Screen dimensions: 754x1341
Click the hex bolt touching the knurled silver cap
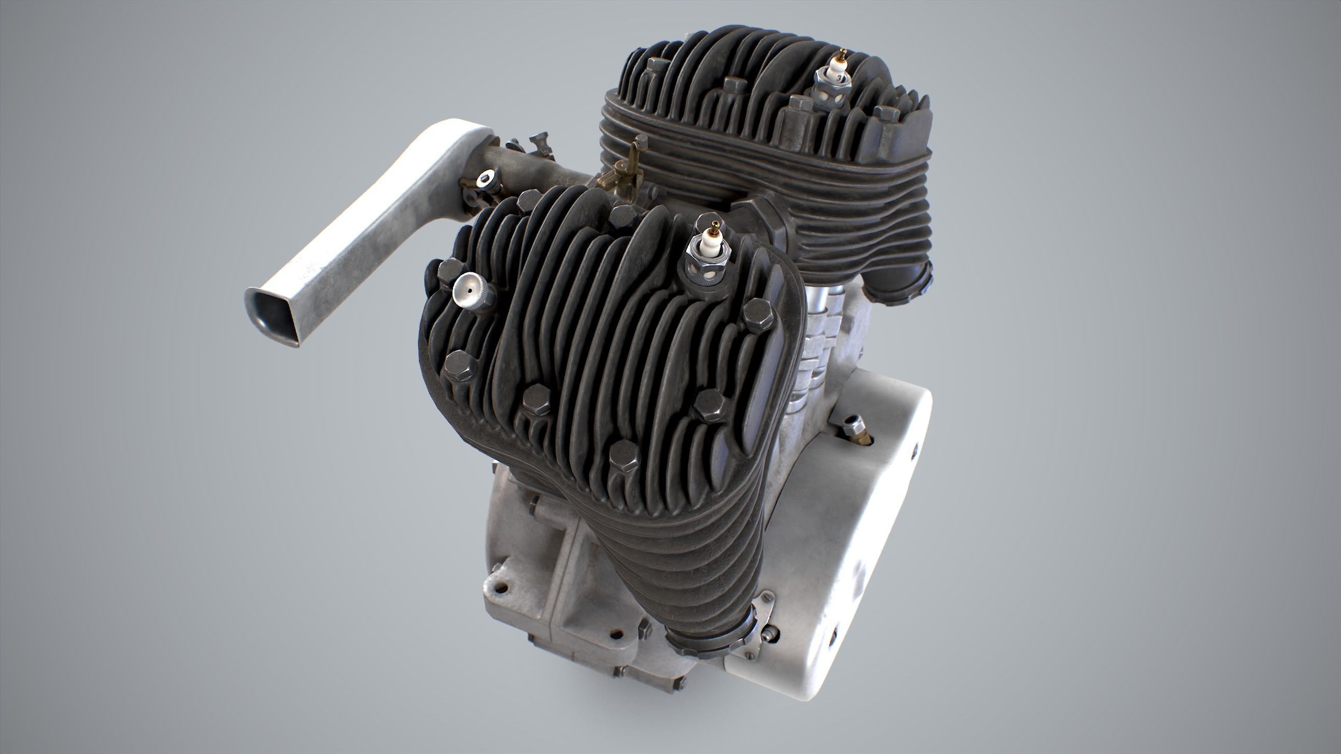(x=449, y=272)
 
